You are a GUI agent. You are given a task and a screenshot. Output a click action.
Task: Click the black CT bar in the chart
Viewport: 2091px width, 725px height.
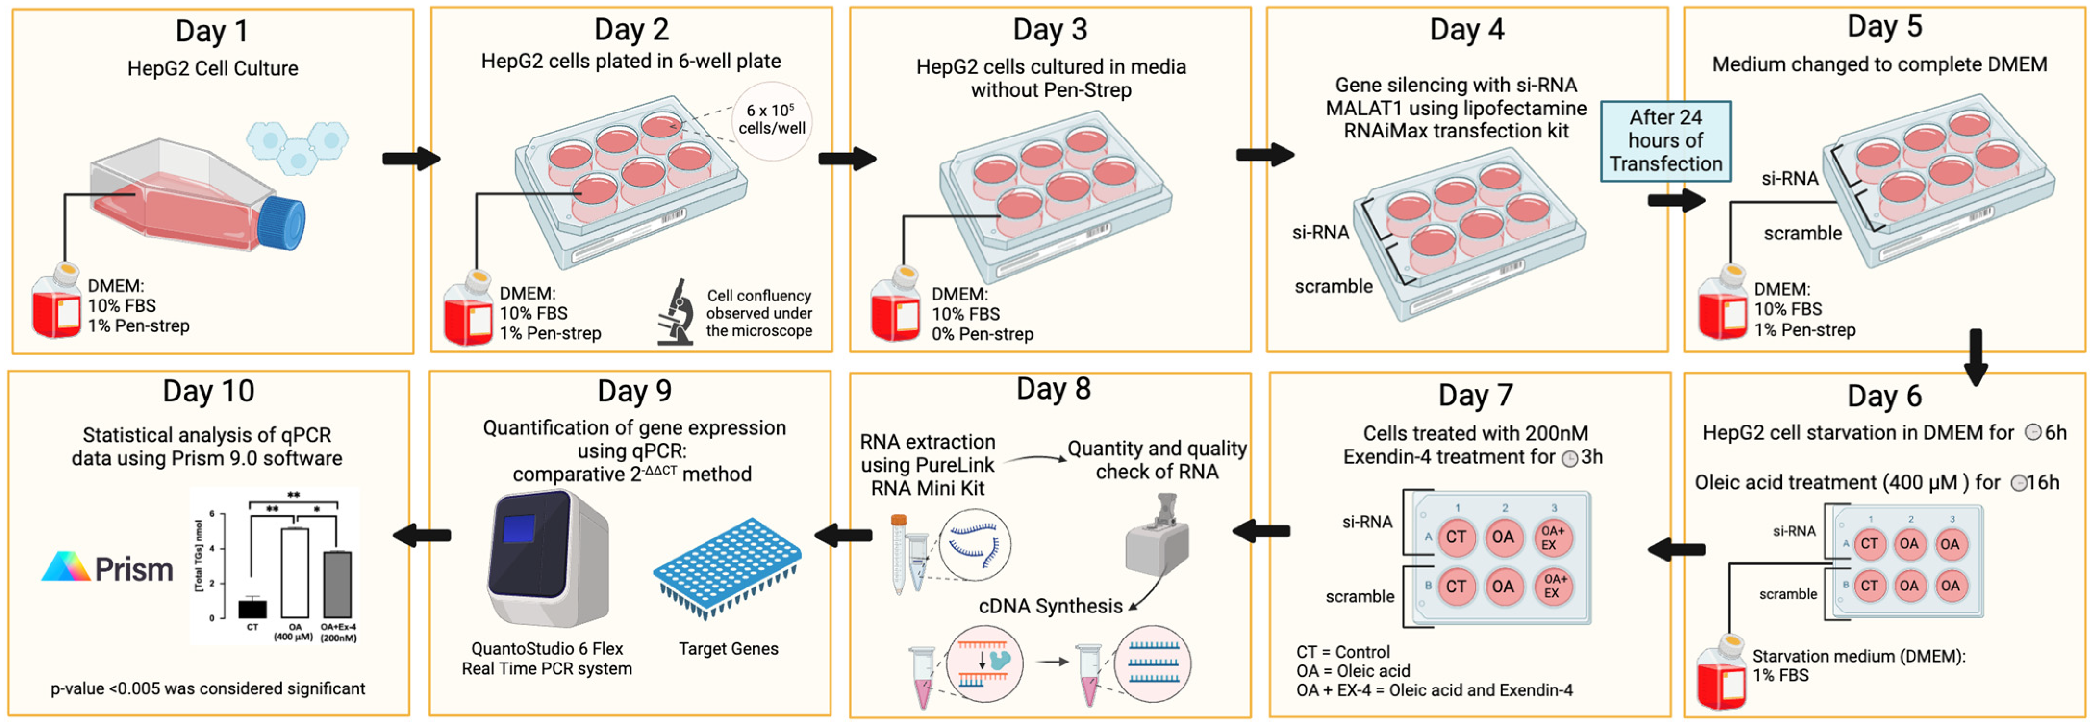tap(252, 608)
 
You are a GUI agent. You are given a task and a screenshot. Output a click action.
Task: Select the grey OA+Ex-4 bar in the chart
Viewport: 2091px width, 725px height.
tap(337, 585)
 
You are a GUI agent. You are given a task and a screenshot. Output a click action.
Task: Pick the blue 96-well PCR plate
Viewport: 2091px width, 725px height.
tap(727, 567)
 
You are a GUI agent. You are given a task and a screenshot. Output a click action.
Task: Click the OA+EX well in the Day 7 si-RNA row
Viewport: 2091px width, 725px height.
tap(1551, 537)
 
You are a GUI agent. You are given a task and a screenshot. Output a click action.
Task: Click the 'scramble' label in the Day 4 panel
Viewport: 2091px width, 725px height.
tap(1333, 287)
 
